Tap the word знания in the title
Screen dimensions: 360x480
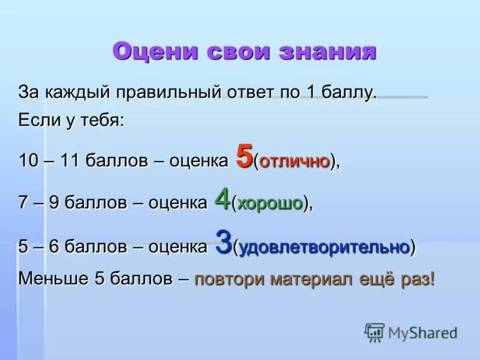tap(328, 52)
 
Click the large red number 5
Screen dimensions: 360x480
tap(244, 157)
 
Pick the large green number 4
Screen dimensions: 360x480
tap(223, 199)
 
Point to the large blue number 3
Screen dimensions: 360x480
tap(223, 243)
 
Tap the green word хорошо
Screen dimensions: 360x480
tap(270, 204)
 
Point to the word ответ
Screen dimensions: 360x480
tap(251, 93)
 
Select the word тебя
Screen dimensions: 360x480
tap(102, 120)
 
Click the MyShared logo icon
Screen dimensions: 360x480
tap(374, 332)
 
